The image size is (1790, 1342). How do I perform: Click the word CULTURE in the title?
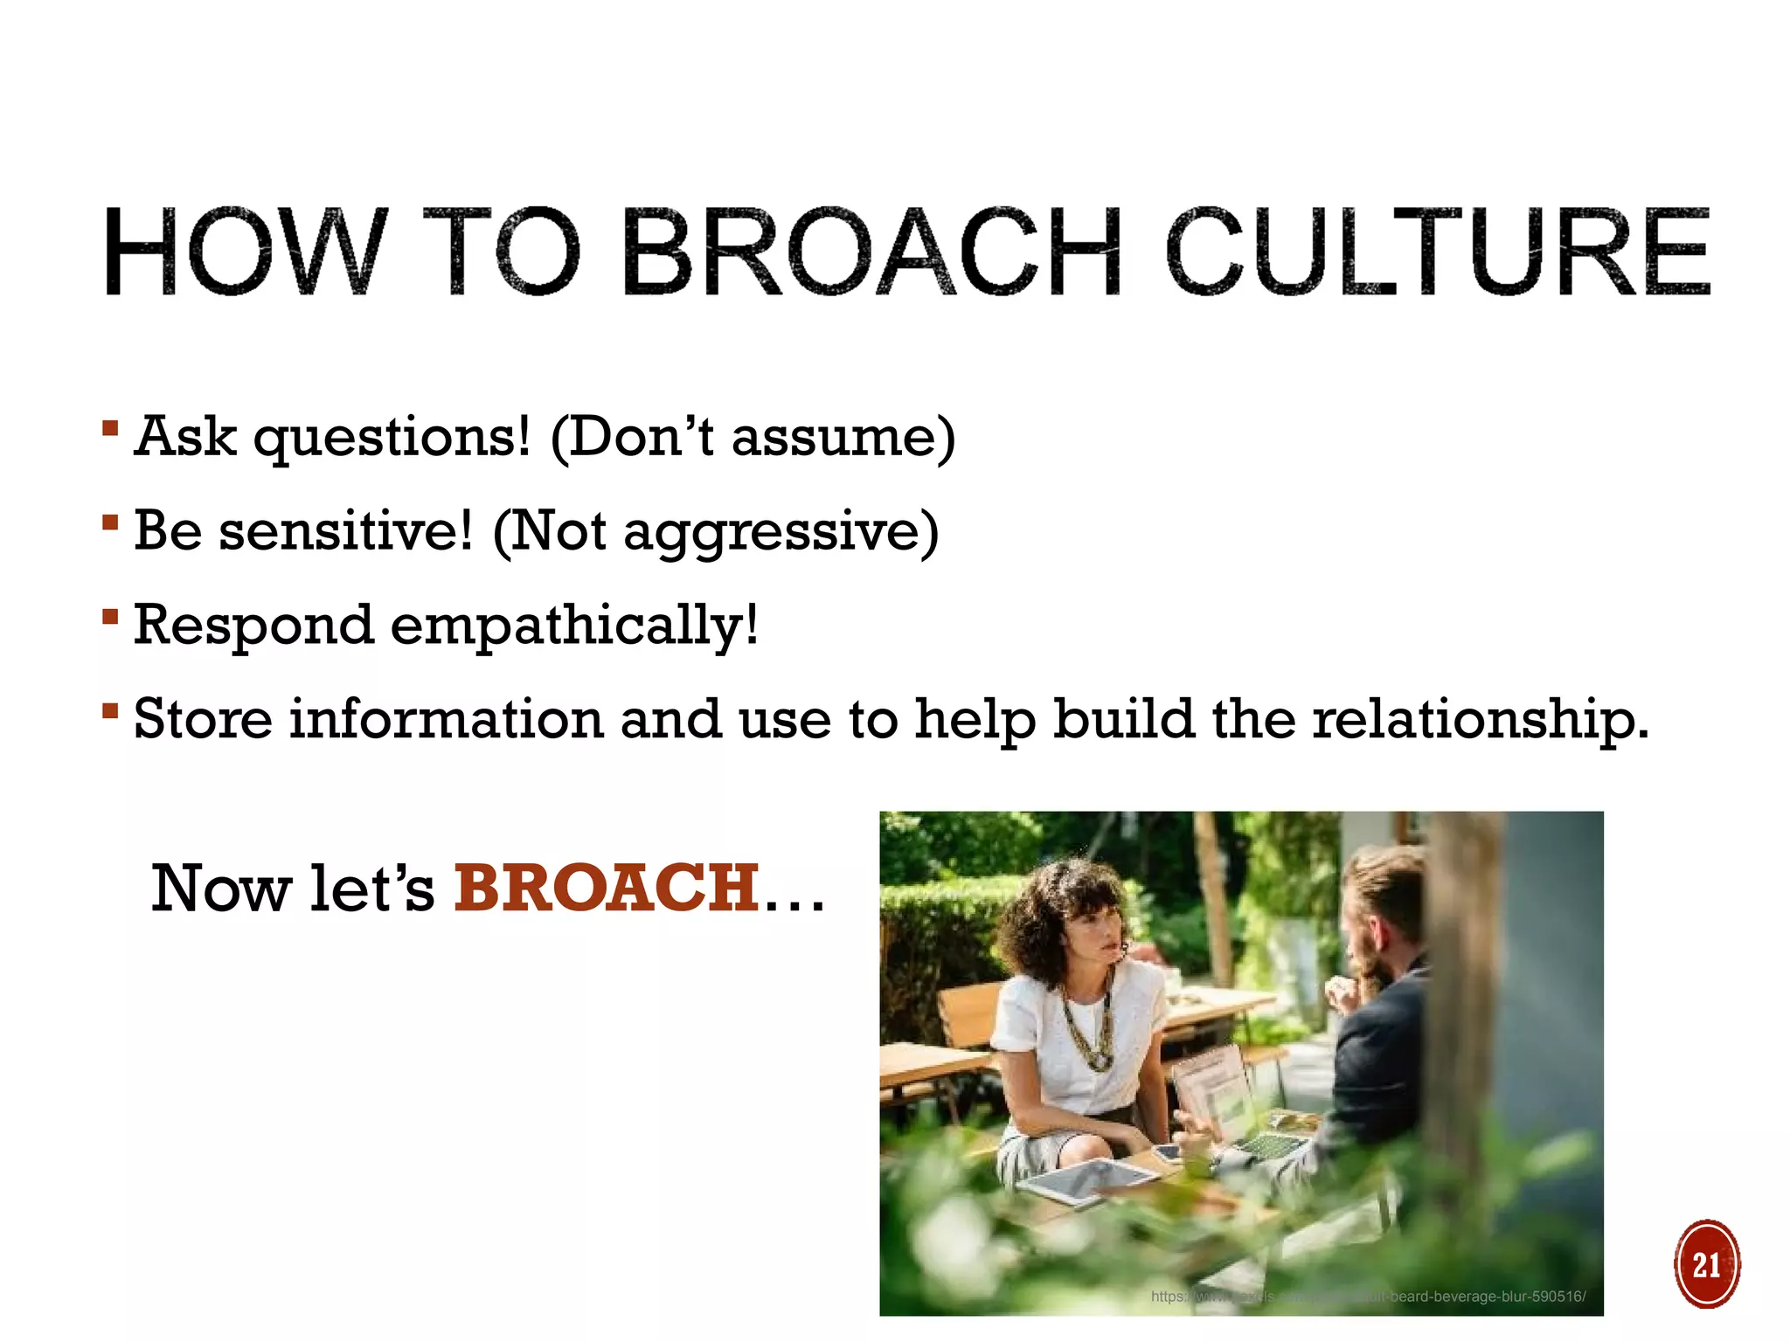click(x=1438, y=253)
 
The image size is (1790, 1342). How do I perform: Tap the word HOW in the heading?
click(x=245, y=253)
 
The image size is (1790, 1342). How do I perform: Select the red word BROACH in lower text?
click(x=606, y=889)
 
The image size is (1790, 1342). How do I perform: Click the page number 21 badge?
click(x=1706, y=1264)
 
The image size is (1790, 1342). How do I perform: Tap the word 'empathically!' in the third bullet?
click(x=574, y=626)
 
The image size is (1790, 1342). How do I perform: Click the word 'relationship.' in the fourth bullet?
click(x=1481, y=720)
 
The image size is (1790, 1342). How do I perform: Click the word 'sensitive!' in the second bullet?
click(x=345, y=531)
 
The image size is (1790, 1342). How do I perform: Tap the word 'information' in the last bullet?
click(x=447, y=720)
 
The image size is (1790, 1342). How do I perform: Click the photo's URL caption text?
click(x=1368, y=1297)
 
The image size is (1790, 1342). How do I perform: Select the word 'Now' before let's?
click(x=220, y=889)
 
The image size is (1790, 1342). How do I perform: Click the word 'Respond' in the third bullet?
click(x=253, y=626)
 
